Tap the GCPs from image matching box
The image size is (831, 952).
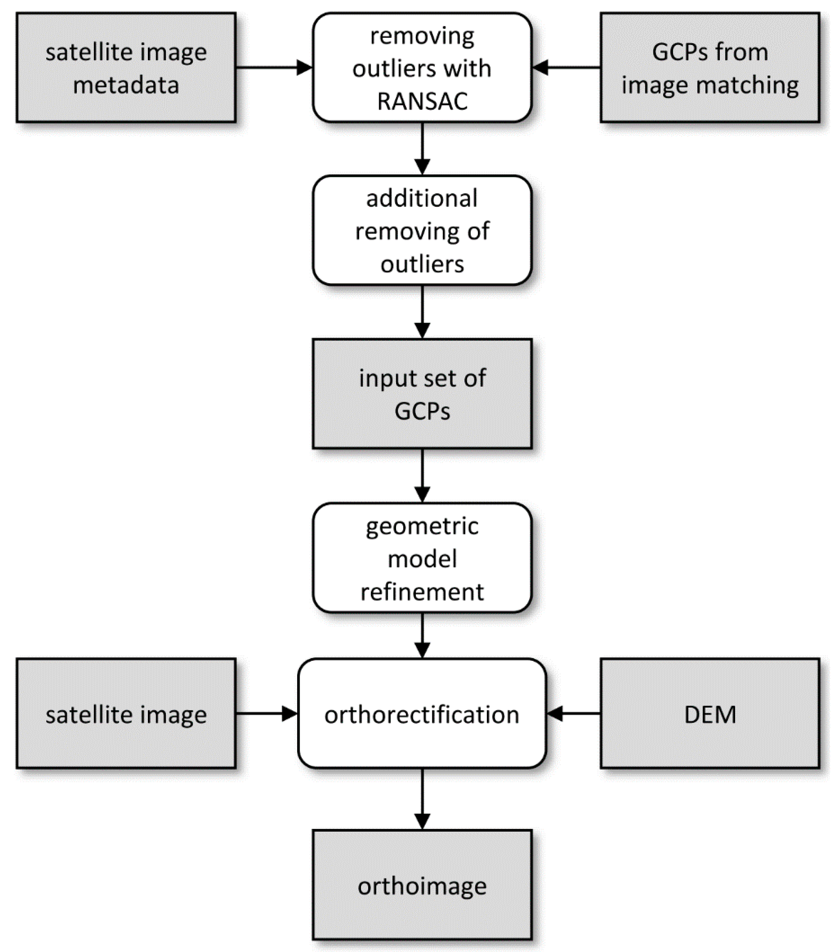coord(709,68)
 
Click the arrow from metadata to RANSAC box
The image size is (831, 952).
coord(274,68)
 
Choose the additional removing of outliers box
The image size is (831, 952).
coord(422,230)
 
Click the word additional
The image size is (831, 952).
coord(422,198)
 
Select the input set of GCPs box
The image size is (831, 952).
coord(422,394)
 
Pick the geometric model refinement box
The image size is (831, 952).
coord(422,558)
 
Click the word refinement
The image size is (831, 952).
coord(422,592)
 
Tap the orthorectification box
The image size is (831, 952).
coord(422,714)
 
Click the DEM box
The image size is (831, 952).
coord(709,714)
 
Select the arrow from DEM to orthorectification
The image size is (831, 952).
coord(573,714)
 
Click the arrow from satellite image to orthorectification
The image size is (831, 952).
coord(266,714)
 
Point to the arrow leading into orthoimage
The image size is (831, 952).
coord(422,798)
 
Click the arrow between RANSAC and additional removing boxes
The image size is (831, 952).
coord(422,148)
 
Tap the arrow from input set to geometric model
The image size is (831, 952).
coord(422,475)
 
